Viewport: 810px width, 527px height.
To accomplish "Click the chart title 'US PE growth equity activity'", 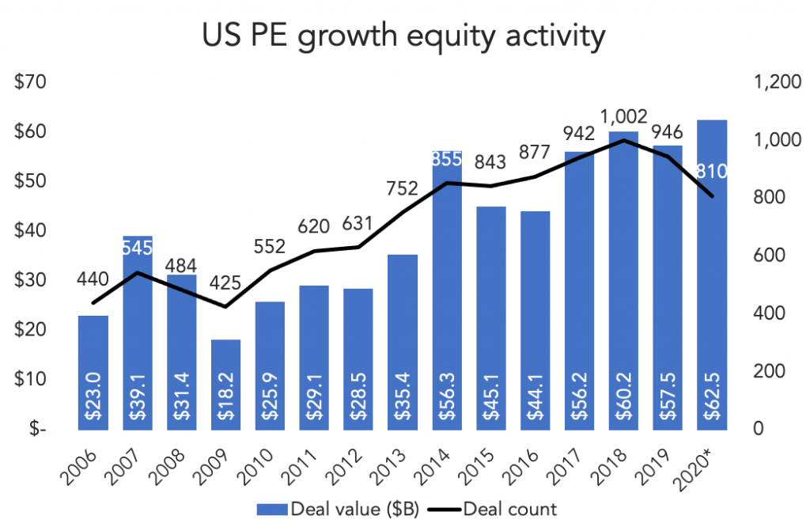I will point(404,36).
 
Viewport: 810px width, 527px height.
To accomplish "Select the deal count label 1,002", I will point(624,116).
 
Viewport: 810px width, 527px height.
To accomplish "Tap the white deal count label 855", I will point(447,159).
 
